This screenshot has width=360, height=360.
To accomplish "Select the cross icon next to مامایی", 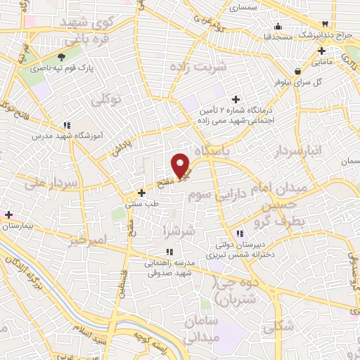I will click(322, 51).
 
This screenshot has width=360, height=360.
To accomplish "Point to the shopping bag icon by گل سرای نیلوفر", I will click(299, 70).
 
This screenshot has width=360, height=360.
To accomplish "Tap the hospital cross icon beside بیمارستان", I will click(8, 214).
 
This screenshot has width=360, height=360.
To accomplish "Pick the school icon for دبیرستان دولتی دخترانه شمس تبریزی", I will click(240, 233).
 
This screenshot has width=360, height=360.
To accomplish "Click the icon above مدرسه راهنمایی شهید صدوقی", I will click(169, 252).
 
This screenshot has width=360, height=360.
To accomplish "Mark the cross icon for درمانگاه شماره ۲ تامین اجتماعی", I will click(236, 99).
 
